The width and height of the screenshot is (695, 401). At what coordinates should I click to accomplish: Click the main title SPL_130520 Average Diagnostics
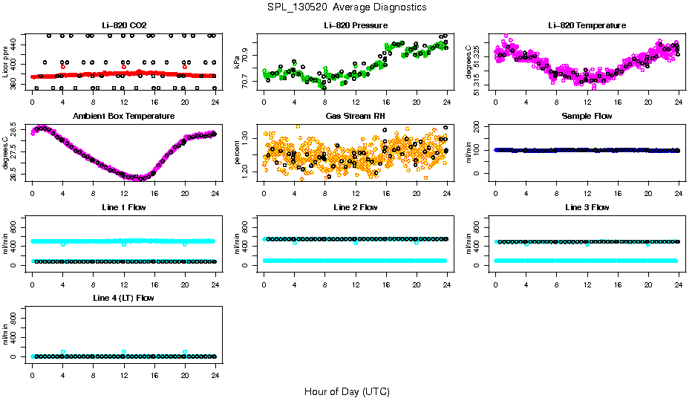click(x=347, y=7)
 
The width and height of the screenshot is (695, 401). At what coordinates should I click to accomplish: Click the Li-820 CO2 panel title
click(x=123, y=25)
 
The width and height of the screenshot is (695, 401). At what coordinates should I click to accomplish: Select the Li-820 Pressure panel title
click(x=355, y=25)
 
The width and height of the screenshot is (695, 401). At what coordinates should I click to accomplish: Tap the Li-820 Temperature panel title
click(x=587, y=25)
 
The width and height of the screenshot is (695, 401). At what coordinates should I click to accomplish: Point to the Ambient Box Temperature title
click(x=123, y=116)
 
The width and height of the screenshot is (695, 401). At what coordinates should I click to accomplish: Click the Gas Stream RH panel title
click(x=355, y=116)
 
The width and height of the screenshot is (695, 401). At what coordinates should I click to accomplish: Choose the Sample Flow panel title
click(x=587, y=116)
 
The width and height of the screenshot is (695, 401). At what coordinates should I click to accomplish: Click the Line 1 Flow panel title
click(x=123, y=207)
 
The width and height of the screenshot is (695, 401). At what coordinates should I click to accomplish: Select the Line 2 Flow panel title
click(x=355, y=207)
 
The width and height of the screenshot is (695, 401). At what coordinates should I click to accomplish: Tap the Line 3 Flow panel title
click(x=587, y=207)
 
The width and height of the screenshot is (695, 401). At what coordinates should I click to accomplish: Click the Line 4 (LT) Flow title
click(x=123, y=298)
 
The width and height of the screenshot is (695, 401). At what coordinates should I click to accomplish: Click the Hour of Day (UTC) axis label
click(x=347, y=391)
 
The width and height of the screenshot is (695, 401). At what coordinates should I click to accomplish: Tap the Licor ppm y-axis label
click(x=5, y=62)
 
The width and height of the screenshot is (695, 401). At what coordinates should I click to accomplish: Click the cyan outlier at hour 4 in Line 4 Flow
click(x=63, y=352)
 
